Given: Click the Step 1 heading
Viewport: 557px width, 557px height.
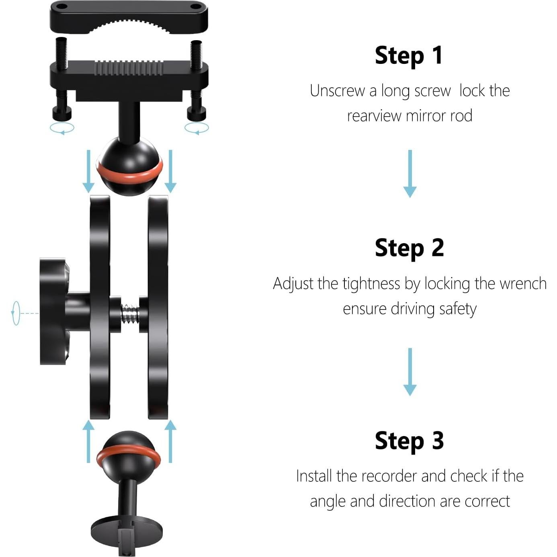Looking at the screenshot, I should click(x=409, y=55).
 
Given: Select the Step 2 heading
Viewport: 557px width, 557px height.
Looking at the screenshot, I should click(x=409, y=248).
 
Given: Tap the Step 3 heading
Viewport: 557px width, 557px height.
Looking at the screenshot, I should click(x=409, y=441).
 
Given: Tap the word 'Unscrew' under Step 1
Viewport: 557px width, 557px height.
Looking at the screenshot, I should click(x=337, y=91).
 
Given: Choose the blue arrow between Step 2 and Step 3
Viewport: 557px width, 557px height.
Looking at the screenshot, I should click(x=410, y=372).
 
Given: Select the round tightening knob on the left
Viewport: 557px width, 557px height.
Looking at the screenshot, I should click(x=54, y=311).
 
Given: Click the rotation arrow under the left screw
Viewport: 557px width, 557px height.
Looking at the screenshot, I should click(x=62, y=129).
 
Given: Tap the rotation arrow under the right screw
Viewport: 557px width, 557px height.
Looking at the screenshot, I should click(x=197, y=129).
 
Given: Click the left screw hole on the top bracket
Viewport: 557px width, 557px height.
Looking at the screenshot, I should click(x=61, y=7).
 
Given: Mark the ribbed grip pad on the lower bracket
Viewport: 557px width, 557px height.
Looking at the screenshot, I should click(x=129, y=68).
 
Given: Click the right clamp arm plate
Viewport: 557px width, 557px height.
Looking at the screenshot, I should click(x=158, y=307).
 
